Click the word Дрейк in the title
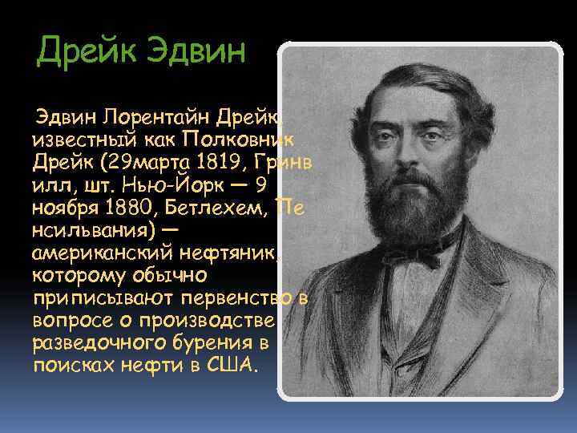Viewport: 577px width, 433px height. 87,54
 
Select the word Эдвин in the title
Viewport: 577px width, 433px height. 195,54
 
